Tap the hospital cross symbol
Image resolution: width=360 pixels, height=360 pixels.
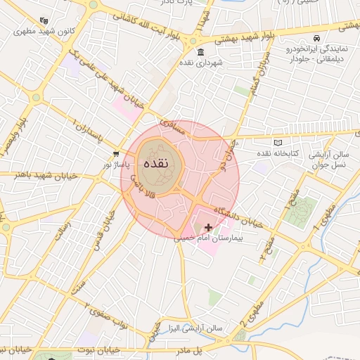tap(208, 227)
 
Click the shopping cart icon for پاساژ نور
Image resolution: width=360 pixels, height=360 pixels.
tap(116, 153)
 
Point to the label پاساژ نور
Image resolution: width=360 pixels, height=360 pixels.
tap(117, 164)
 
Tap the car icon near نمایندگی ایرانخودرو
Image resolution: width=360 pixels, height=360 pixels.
tap(317, 37)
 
